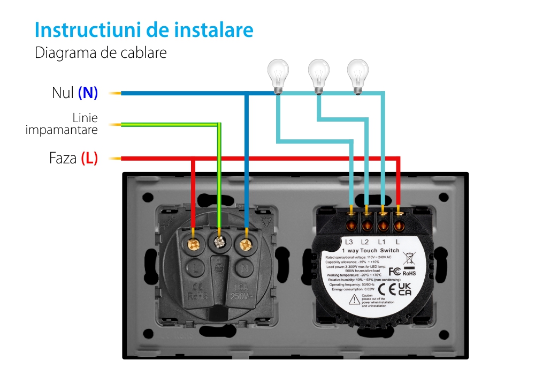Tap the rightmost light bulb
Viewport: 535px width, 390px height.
click(x=357, y=74)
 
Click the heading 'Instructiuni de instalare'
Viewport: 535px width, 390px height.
click(x=144, y=30)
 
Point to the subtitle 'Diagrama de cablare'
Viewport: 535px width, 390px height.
click(x=101, y=53)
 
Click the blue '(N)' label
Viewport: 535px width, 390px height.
click(x=88, y=93)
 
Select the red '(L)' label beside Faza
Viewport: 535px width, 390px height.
click(x=89, y=159)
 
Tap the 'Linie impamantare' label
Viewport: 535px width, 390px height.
click(x=62, y=124)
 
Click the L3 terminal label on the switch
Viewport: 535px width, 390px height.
click(x=349, y=241)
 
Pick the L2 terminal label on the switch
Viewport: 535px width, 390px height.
click(x=365, y=241)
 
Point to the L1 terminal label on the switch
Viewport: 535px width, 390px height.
click(x=381, y=241)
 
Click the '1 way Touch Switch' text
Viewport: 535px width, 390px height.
click(x=370, y=251)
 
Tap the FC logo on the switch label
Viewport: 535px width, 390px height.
click(x=394, y=272)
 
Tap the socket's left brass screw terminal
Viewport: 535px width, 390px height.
click(x=193, y=244)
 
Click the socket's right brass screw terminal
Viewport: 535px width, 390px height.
click(x=246, y=245)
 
